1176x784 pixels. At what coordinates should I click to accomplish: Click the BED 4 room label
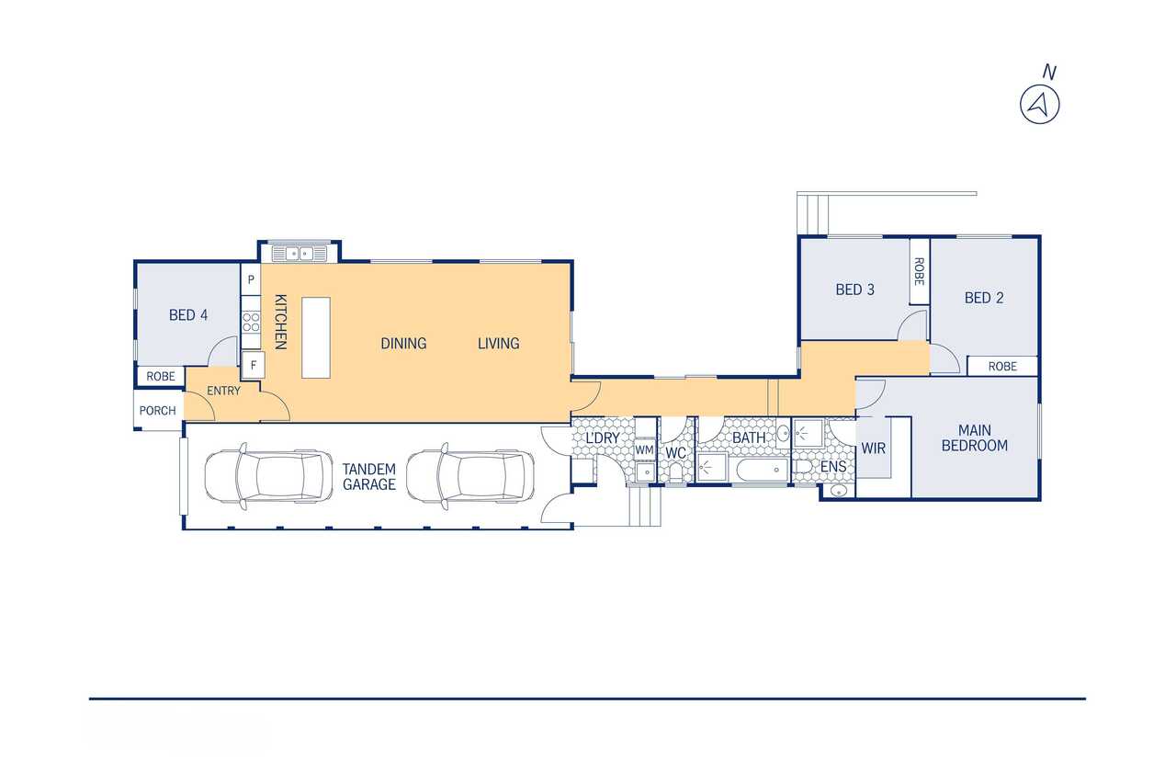(x=188, y=315)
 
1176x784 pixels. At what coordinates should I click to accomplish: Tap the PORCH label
(x=157, y=411)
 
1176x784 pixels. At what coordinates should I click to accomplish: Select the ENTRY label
(x=223, y=391)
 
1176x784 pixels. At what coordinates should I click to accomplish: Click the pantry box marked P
(x=251, y=278)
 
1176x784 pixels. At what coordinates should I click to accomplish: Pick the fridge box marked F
(x=253, y=365)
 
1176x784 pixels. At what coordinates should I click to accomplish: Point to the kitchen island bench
(x=316, y=337)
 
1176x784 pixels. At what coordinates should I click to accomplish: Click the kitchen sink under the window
(x=300, y=254)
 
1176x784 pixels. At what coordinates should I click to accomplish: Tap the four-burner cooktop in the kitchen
(x=251, y=322)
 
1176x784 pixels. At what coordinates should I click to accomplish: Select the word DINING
(x=403, y=344)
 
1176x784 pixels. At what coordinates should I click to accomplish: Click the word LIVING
(x=498, y=344)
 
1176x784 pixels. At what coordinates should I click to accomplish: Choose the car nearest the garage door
(x=268, y=476)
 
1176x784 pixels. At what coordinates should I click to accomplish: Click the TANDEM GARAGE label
(x=369, y=477)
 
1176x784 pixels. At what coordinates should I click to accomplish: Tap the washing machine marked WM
(x=645, y=450)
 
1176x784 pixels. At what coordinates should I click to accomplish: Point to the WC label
(x=675, y=452)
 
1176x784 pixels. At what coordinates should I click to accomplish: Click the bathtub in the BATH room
(x=763, y=470)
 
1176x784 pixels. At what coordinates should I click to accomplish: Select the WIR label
(x=873, y=449)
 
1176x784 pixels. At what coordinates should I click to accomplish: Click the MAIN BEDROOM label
(x=975, y=437)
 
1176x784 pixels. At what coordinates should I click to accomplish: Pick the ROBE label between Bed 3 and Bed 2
(x=920, y=271)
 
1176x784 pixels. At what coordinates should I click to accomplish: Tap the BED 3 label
(x=854, y=290)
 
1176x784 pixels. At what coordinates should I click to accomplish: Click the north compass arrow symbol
(x=1039, y=105)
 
